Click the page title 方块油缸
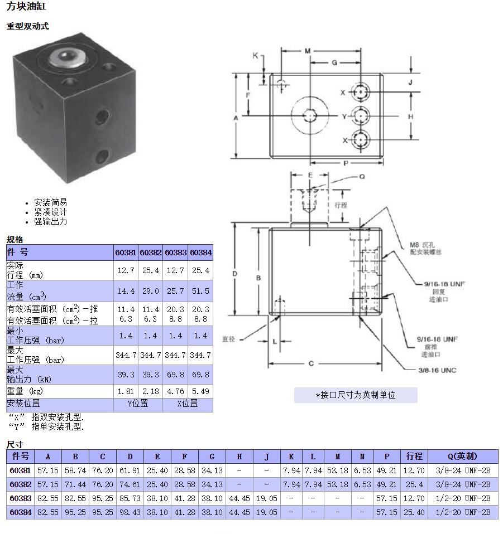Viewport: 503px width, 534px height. [x=26, y=7]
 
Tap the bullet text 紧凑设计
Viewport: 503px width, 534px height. [x=50, y=212]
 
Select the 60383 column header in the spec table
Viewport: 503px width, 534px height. [x=175, y=253]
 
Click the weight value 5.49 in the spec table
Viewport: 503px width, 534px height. [x=200, y=392]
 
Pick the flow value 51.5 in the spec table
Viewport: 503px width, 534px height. [x=200, y=291]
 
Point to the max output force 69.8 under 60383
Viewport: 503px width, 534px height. [x=175, y=375]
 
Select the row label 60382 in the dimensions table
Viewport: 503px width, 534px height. [x=20, y=485]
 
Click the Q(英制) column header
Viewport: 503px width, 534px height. [x=462, y=456]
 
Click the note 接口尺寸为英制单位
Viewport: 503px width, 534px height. [x=356, y=395]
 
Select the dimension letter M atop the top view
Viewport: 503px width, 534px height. [x=308, y=51]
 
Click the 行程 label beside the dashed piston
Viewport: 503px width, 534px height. [x=341, y=205]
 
